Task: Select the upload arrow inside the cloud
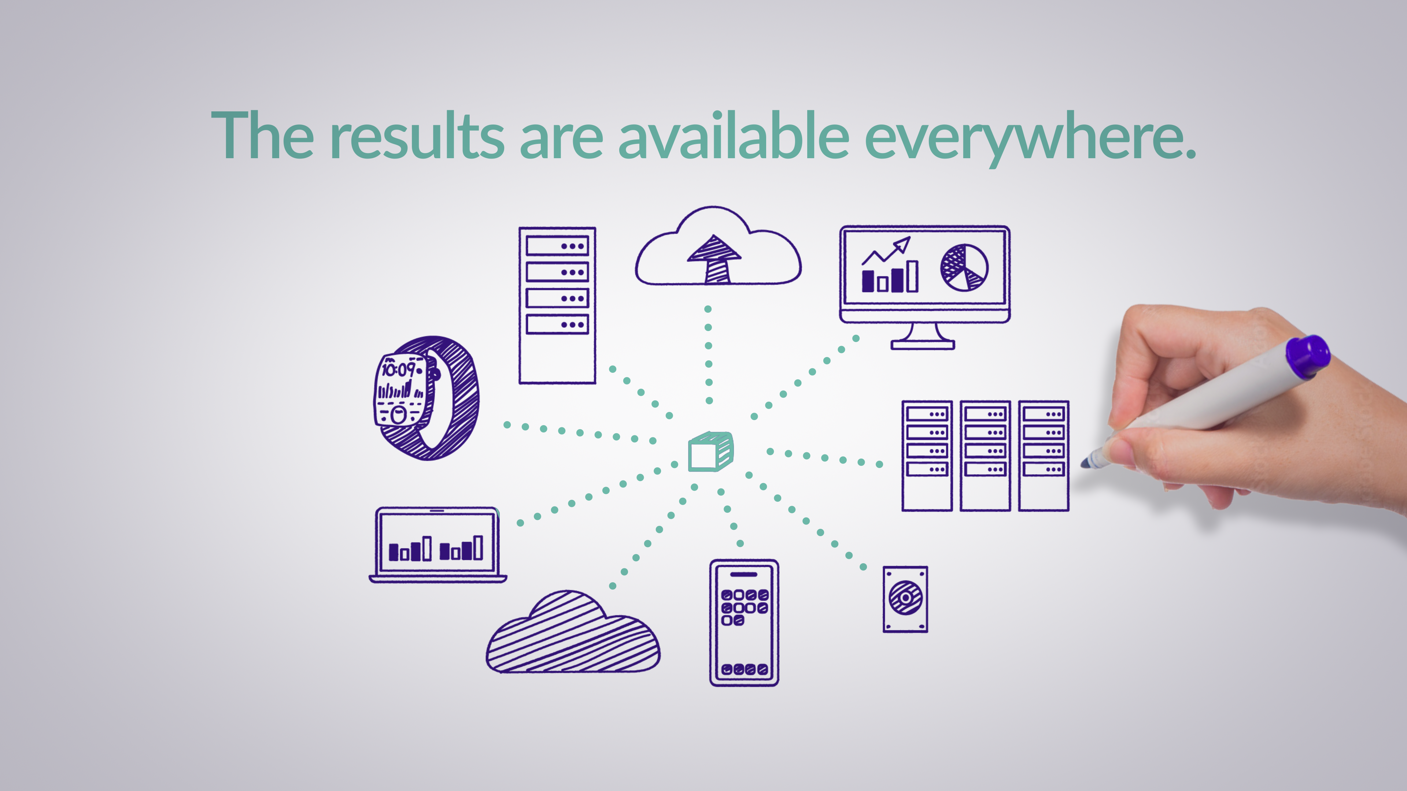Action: [714, 259]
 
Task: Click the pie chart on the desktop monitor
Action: [964, 267]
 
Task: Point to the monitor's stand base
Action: [923, 345]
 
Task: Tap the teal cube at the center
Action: [710, 452]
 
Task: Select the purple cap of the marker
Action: [1308, 356]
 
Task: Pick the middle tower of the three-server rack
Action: [985, 456]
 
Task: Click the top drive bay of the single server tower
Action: [557, 246]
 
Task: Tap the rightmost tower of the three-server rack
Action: [1043, 456]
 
